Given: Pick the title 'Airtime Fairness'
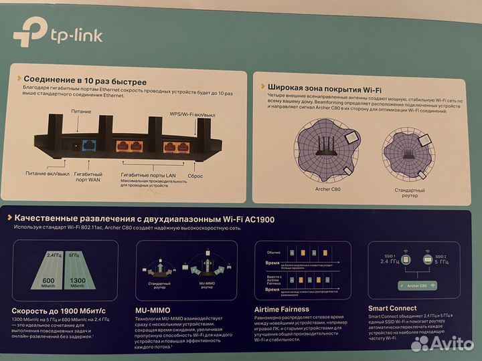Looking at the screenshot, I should (x=282, y=310).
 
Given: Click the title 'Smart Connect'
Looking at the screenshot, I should (x=398, y=309).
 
